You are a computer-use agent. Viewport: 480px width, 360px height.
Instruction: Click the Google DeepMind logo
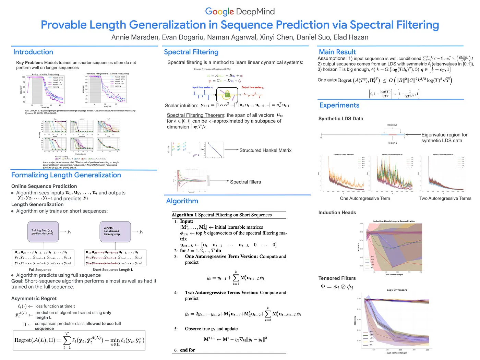click(x=240, y=11)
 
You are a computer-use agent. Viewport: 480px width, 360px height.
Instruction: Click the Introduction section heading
click(x=33, y=52)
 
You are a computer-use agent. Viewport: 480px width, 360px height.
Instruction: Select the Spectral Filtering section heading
click(x=191, y=52)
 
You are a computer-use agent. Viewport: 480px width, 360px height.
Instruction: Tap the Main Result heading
click(x=337, y=52)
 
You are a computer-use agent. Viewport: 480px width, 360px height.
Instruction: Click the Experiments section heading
click(x=339, y=105)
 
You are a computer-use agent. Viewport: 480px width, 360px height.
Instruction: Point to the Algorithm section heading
click(x=182, y=201)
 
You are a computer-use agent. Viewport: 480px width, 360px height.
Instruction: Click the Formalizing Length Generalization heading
click(x=66, y=175)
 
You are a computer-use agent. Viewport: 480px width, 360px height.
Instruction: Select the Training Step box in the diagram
click(x=43, y=232)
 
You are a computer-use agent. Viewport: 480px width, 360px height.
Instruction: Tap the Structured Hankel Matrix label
click(x=265, y=150)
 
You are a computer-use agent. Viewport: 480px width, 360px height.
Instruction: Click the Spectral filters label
click(x=245, y=182)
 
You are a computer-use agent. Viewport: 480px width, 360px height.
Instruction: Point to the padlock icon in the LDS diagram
click(x=227, y=94)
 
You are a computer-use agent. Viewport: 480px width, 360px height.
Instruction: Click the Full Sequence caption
click(x=40, y=270)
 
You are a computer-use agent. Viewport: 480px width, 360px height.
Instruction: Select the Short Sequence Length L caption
click(x=113, y=270)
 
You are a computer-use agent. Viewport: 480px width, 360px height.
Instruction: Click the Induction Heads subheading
click(x=337, y=213)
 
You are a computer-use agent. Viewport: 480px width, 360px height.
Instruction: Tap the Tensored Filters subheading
click(x=337, y=278)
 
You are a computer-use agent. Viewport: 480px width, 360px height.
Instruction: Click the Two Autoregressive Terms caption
click(x=445, y=199)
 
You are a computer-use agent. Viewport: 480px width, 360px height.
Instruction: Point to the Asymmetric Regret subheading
click(x=34, y=299)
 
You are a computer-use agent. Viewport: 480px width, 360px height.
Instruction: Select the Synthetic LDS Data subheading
click(x=340, y=119)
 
